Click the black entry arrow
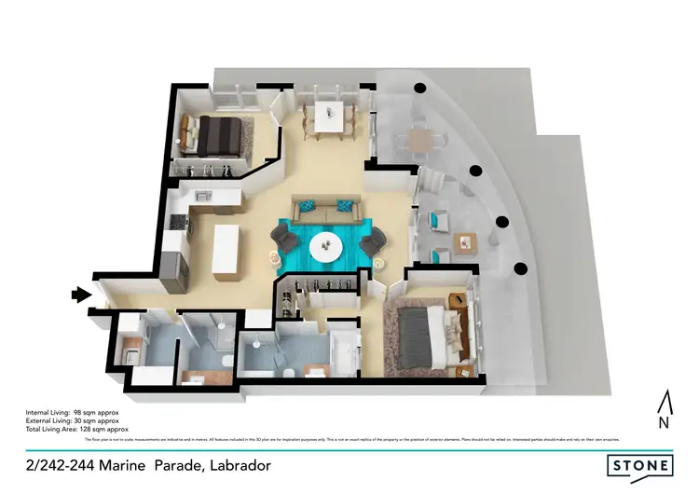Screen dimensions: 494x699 pos(81,295)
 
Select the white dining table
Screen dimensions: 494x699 pos(326,117)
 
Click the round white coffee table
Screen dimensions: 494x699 pos(326,243)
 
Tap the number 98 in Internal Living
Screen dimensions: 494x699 pos(89,411)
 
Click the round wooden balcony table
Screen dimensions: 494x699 pos(421,140)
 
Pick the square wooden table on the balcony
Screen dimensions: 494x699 pos(464,243)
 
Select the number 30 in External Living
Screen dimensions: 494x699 pos(91,419)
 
